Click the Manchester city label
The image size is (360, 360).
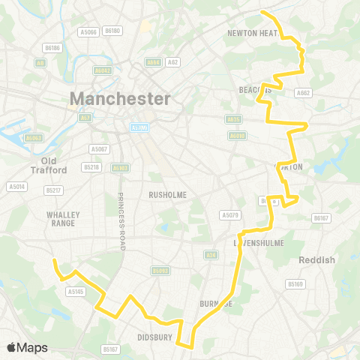(x=120, y=98)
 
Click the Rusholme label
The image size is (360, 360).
(x=167, y=194)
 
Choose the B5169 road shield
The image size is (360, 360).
(x=295, y=284)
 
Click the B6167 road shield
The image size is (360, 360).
(x=321, y=217)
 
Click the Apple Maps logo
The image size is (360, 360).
(x=27, y=347)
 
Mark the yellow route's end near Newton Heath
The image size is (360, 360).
(x=262, y=12)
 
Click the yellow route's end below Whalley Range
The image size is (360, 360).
(x=53, y=259)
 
